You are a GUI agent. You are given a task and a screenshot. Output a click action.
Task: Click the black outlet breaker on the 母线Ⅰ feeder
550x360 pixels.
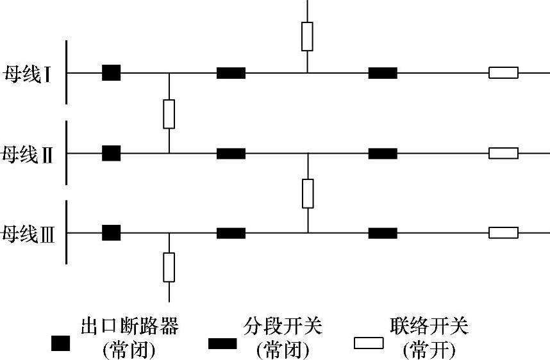pos(111,73)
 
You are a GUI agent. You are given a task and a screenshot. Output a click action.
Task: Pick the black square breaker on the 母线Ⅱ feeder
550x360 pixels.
pos(111,154)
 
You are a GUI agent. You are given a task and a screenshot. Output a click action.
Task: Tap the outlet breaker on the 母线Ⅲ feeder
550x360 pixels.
pos(111,233)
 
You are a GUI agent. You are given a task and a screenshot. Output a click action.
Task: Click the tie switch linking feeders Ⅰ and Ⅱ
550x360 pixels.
pos(169,114)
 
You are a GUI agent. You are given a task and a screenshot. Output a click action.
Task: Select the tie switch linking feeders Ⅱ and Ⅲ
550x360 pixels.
pos(308,193)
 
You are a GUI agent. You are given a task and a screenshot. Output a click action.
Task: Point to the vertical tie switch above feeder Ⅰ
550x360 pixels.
pos(307,36)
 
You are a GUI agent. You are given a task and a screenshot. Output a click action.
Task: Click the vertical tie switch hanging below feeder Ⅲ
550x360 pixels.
pos(169,267)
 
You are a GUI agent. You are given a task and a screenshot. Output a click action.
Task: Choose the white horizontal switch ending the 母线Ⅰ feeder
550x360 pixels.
pos(503,73)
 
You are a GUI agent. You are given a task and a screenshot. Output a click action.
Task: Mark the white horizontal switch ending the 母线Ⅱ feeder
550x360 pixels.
pos(503,154)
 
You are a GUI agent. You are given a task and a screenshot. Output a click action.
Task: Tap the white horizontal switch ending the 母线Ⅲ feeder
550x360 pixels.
pos(503,233)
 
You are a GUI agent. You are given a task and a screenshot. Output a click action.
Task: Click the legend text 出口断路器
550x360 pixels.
pos(129,327)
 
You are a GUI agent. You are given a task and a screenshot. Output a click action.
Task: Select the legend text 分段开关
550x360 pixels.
pos(283,327)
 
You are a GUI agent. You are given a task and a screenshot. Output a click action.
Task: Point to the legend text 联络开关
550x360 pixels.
pos(429,327)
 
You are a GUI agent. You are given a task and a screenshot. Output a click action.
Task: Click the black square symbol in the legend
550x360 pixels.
pos(61,344)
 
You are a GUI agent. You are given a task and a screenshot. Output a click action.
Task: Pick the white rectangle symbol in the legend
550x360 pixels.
pos(369,344)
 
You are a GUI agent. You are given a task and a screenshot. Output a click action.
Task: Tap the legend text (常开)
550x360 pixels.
pos(429,350)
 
